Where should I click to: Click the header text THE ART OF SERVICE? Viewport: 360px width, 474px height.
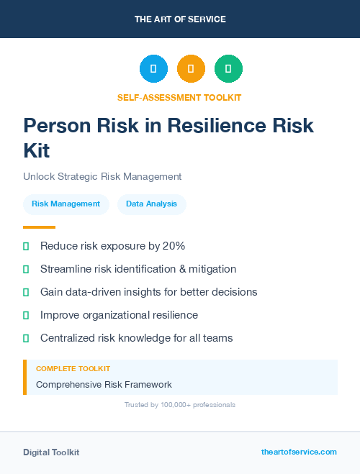[x=180, y=19]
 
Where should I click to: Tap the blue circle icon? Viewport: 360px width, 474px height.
[x=153, y=68]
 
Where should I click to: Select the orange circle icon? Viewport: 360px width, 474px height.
[x=191, y=68]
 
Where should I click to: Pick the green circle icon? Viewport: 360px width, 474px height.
[x=228, y=68]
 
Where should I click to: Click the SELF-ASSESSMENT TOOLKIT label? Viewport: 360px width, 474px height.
[x=179, y=97]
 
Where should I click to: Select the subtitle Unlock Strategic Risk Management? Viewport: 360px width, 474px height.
[x=102, y=176]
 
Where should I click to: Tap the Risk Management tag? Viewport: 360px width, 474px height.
[x=66, y=204]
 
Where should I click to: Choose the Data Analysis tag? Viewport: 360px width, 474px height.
[x=151, y=204]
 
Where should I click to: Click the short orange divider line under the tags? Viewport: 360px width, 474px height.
[x=39, y=227]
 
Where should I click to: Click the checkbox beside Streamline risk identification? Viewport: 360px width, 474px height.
[x=26, y=269]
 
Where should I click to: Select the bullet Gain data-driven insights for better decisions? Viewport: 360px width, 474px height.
[x=148, y=292]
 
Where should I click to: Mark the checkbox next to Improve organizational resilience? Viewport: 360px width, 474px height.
[x=26, y=315]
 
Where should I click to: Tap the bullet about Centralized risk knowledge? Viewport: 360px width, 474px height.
[x=136, y=338]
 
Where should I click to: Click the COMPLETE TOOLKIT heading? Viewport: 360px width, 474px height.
[x=73, y=368]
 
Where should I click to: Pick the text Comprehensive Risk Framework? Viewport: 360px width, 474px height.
[x=104, y=384]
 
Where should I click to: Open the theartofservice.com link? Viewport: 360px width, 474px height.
[x=299, y=452]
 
